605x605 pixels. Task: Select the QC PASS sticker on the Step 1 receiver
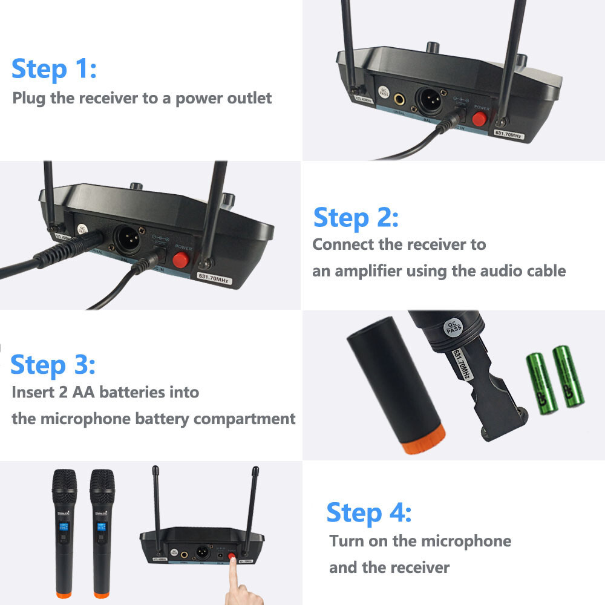click(x=384, y=92)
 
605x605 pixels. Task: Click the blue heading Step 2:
click(x=356, y=217)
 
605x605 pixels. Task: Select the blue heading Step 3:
click(x=53, y=365)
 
